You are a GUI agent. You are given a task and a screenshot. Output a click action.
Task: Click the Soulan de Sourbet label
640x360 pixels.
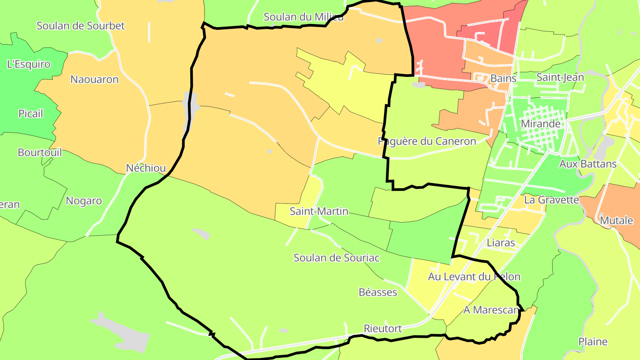point(80,26)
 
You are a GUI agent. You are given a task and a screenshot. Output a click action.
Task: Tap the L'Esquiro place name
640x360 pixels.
point(29,64)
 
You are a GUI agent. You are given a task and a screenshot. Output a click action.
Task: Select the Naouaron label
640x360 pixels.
point(95,80)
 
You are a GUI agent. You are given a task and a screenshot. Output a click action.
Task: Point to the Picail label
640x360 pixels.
point(31,114)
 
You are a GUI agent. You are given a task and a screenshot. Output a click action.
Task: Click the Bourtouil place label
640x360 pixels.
point(40,152)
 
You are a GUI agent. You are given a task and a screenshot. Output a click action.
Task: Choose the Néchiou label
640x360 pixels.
point(146,168)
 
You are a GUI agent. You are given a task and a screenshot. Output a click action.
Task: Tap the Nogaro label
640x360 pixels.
point(84,201)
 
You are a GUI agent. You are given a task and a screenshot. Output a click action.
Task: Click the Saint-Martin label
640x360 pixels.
point(319,211)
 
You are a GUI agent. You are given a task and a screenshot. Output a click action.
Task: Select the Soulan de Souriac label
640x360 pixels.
point(336,258)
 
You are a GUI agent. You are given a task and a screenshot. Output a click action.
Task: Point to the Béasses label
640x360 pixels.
point(378,292)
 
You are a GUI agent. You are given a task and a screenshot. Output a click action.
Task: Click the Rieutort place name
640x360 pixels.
point(383,329)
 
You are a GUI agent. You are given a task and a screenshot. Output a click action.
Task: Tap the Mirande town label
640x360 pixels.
point(540,124)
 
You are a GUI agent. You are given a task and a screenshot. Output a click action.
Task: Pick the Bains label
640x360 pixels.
point(503,79)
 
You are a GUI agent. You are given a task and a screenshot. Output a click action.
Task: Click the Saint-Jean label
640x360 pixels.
point(560,77)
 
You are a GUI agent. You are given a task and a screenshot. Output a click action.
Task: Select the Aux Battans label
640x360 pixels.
point(588,164)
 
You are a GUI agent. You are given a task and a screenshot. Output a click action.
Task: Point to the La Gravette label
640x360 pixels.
point(551,200)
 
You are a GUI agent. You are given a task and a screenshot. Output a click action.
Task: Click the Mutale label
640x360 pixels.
point(616,220)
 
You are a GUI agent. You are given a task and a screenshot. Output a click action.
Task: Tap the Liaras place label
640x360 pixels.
point(501,243)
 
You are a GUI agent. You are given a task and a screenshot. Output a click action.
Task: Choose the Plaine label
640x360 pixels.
point(593,342)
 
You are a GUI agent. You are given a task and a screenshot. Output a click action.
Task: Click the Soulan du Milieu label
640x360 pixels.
point(304,17)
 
